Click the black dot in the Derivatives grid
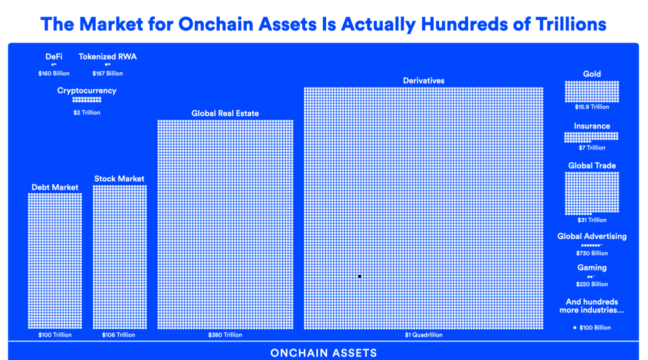coord(360,276)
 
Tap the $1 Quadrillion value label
coord(424,335)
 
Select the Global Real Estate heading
coord(225,113)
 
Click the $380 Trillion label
coord(225,335)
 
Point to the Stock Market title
coord(119,178)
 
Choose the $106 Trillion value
coord(118,335)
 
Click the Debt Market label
coord(55,187)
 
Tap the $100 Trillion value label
coord(55,335)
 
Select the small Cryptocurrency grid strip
coord(87,99)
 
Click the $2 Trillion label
coord(87,112)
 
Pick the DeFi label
coord(54,56)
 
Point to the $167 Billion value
coord(107,73)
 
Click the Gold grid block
coord(592,91)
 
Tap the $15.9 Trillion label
coord(592,107)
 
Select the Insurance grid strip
coord(592,137)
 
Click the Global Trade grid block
coord(592,193)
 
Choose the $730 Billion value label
coord(592,253)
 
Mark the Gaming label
coord(592,267)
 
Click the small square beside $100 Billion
coord(575,327)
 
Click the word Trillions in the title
coord(571,24)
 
